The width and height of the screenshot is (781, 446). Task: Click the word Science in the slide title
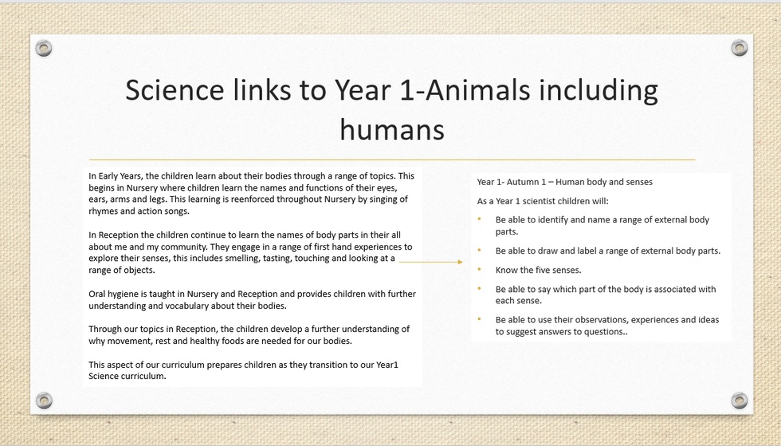[x=175, y=90]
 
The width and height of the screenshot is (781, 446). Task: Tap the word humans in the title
[x=392, y=129]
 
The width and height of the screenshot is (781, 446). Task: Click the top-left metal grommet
[x=44, y=49]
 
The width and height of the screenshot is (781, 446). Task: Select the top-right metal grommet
[x=740, y=48]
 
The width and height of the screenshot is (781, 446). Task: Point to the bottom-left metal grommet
[x=44, y=400]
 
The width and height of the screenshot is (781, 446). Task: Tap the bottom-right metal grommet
[x=740, y=400]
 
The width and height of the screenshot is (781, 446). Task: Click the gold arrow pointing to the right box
[x=431, y=262]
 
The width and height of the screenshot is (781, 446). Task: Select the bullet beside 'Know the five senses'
[x=480, y=270]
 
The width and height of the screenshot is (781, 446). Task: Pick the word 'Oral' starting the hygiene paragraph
[x=97, y=294]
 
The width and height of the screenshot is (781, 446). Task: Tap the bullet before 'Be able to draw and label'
[x=480, y=251]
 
